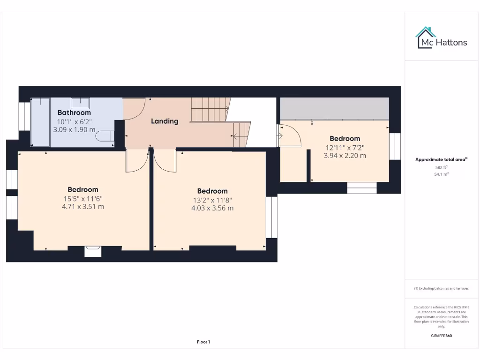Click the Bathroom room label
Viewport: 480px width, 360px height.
(x=74, y=112)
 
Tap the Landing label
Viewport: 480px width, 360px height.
(x=165, y=121)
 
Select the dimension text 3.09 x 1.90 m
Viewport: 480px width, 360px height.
(x=74, y=130)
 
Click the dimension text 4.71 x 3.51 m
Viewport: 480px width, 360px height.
(x=83, y=206)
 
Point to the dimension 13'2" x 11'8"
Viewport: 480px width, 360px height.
(x=212, y=200)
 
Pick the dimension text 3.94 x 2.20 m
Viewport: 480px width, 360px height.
(x=345, y=156)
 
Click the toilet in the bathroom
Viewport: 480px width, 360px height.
(x=104, y=136)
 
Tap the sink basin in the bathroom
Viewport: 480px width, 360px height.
(x=80, y=103)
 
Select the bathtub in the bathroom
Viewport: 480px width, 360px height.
(x=40, y=122)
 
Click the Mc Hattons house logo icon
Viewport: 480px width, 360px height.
(x=425, y=37)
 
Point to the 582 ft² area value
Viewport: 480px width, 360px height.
(x=441, y=167)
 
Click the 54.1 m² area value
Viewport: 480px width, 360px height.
(x=441, y=174)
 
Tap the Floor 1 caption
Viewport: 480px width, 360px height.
(x=203, y=342)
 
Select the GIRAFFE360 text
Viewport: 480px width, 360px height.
(x=441, y=336)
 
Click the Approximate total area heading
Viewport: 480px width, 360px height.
(x=441, y=159)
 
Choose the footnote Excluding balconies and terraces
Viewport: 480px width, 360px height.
(x=441, y=288)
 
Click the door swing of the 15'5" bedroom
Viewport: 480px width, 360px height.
(x=136, y=162)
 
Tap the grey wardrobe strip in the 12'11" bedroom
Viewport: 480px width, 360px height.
(x=334, y=108)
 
